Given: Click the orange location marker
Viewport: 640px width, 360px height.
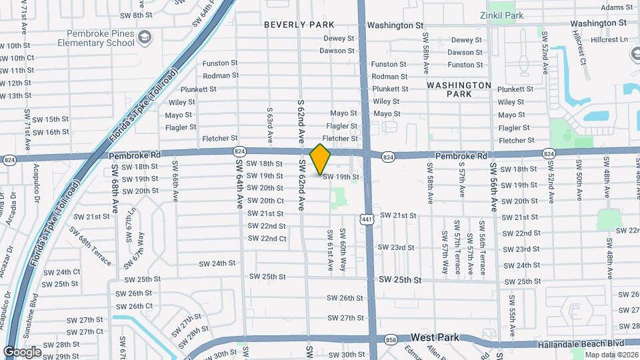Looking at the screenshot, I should (321, 159).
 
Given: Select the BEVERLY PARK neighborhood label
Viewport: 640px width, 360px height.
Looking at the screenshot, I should (299, 25).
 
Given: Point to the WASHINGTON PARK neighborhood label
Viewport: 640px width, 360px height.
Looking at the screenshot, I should (459, 89).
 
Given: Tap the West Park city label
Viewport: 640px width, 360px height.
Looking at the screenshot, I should (435, 337).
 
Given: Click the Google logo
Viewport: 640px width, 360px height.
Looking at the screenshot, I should (23, 351).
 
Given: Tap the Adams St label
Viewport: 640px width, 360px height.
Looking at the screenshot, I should (615, 7).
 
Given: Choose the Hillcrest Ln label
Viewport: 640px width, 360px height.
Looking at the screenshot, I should (609, 39).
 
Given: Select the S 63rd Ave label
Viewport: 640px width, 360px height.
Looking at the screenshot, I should (270, 125).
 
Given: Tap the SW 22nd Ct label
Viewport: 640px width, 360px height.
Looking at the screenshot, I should (267, 239).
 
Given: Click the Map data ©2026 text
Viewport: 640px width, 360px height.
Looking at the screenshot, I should (611, 355).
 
